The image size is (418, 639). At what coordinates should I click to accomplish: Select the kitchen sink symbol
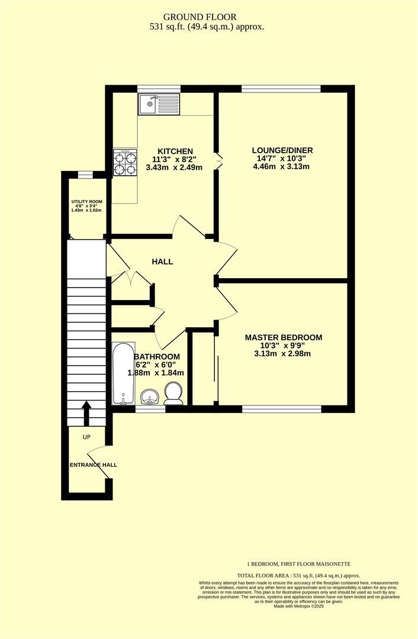point(159,105)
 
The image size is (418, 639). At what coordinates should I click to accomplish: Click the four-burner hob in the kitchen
point(125,162)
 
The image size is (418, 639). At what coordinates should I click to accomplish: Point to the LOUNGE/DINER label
point(282,150)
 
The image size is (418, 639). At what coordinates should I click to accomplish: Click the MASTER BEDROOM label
point(283,337)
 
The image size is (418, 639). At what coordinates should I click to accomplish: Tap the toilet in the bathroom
point(173,393)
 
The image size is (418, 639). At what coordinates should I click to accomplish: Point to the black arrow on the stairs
point(86,413)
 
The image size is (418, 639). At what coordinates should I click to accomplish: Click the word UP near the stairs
point(86,437)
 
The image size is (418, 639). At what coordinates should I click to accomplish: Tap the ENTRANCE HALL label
point(93,465)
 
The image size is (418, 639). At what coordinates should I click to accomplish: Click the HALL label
point(162,261)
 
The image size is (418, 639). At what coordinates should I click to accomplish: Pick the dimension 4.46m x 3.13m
point(282,167)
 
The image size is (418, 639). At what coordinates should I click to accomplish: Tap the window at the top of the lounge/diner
point(281,89)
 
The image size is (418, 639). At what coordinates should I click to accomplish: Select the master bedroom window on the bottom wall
point(281,409)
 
